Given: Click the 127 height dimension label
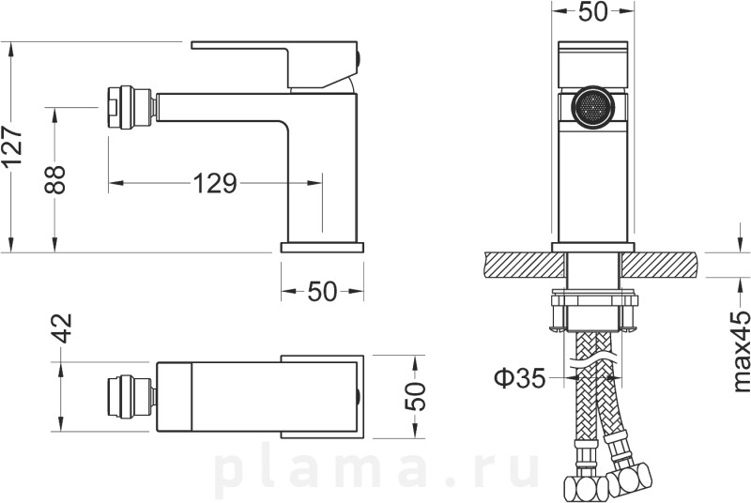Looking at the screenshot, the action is point(13,146).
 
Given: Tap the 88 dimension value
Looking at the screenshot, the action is point(54,179).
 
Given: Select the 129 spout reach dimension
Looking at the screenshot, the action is point(216,183).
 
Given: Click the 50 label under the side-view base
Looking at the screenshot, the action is point(322,291).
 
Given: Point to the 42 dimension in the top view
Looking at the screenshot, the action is point(62,328).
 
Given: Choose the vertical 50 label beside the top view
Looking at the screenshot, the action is point(415,396).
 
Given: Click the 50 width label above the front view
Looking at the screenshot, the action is point(593,11).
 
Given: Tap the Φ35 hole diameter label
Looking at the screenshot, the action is point(520,378).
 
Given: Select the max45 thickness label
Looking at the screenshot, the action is point(741,351).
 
